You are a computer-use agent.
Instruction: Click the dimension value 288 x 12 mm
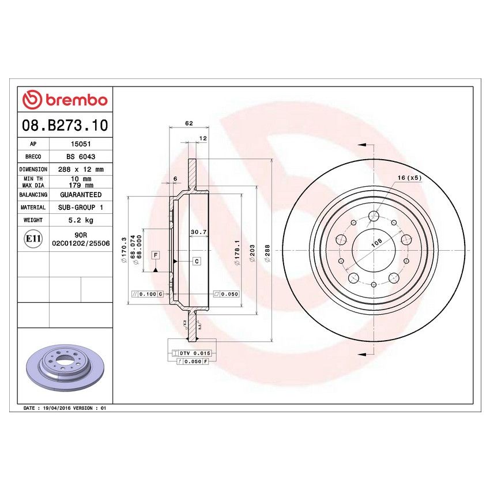click(80, 169)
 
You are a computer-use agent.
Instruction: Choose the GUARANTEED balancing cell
click(80, 195)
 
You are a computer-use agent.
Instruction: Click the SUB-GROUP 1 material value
click(80, 207)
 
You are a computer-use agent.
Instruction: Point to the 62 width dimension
click(189, 122)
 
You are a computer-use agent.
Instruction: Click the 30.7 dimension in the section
click(198, 232)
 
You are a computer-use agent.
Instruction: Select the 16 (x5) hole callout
click(410, 178)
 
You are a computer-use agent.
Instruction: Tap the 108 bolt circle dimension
click(376, 243)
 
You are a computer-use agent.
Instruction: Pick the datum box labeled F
click(156, 254)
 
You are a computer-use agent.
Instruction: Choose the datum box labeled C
click(197, 261)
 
